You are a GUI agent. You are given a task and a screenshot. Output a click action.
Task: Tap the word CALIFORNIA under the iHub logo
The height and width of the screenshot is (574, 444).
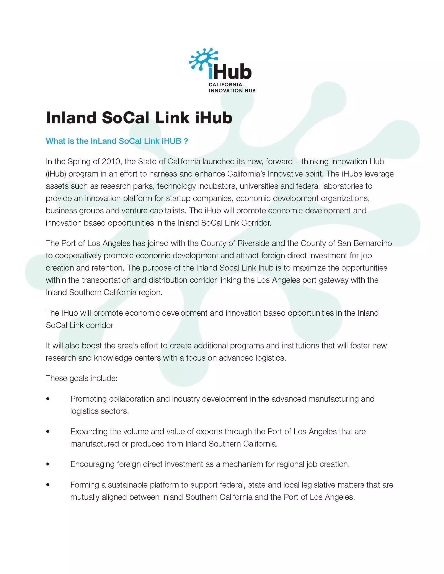point(225,85)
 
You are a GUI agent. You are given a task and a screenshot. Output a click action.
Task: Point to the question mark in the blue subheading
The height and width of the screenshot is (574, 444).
point(186,141)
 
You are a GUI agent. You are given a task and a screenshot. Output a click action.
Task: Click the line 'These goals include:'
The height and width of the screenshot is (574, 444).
point(82,378)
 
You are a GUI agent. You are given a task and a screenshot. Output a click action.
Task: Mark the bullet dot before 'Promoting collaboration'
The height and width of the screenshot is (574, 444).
point(48,399)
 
